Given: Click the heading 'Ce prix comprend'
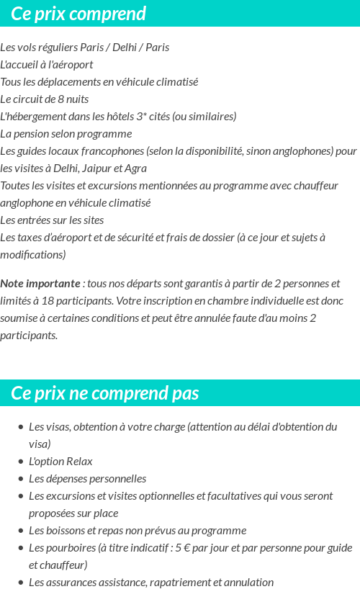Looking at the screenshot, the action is point(78,14).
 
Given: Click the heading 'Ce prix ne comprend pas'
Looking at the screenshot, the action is point(105,393).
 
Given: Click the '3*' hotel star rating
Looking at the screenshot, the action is point(141,117).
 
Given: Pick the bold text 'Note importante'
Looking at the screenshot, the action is point(40,284).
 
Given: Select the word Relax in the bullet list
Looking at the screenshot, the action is point(79,462).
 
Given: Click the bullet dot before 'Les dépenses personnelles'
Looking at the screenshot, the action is point(21,479).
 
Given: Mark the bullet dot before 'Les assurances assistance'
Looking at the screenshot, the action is point(21,583).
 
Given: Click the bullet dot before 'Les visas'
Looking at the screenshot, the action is point(21,427).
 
